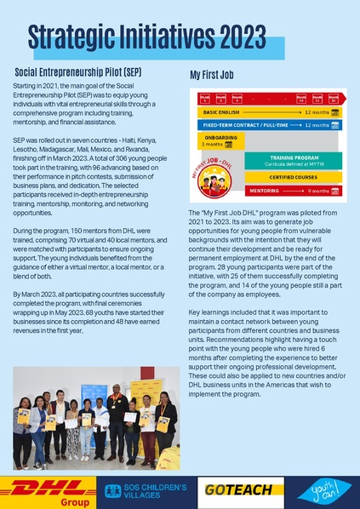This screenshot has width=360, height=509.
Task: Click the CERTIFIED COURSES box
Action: point(294,177)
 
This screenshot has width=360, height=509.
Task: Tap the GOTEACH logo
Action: point(237,489)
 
